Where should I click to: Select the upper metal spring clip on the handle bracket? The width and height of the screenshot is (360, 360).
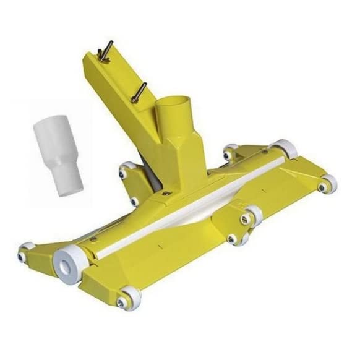pos(105,50)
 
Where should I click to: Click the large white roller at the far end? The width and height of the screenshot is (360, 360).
pos(285,148)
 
